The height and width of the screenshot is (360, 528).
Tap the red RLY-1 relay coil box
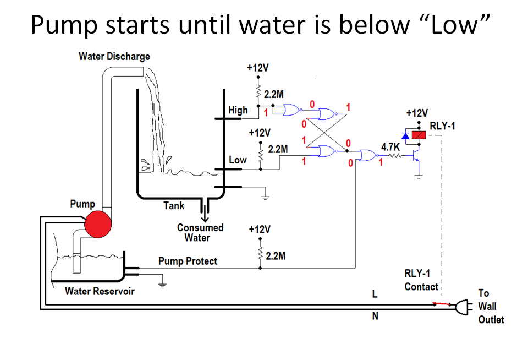(420, 135)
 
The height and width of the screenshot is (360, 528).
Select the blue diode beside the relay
(405, 135)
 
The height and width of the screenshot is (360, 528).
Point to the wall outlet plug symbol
(462, 307)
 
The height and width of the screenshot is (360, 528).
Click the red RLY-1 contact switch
(440, 303)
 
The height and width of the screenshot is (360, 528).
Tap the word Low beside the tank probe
(238, 160)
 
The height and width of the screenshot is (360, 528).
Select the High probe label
(238, 110)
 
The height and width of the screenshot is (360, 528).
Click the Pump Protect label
(188, 261)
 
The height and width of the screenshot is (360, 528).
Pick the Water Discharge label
(114, 56)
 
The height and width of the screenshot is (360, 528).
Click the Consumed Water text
(200, 233)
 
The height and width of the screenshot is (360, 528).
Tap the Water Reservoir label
(100, 291)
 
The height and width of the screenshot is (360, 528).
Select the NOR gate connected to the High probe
(290, 111)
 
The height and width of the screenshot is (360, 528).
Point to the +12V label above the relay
(417, 113)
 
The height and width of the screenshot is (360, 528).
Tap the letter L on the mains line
(375, 294)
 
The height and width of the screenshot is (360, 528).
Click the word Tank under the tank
(174, 206)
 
